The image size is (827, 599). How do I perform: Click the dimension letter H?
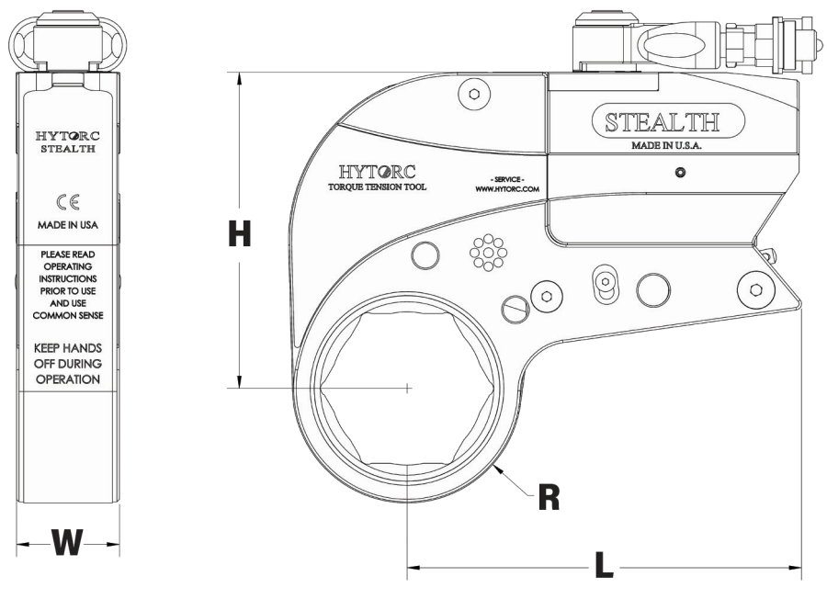[x=239, y=236]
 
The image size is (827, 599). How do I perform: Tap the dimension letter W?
[x=69, y=544]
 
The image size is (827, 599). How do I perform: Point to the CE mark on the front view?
[x=69, y=205]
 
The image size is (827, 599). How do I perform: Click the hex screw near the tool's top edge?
[x=473, y=94]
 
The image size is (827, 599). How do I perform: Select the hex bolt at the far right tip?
[x=755, y=288]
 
